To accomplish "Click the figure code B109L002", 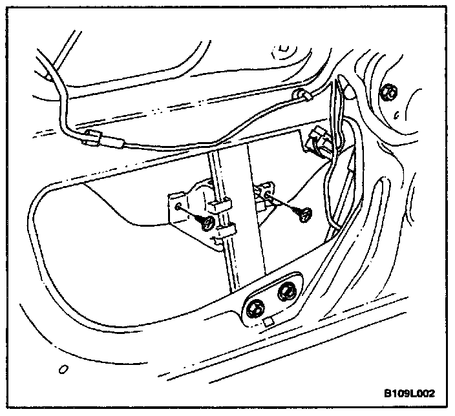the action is click(x=410, y=393).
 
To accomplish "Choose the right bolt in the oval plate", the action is click(x=286, y=292).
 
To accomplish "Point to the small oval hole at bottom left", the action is click(x=63, y=370).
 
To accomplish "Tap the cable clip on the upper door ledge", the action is click(x=302, y=96).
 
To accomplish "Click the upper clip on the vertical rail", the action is click(x=221, y=205).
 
